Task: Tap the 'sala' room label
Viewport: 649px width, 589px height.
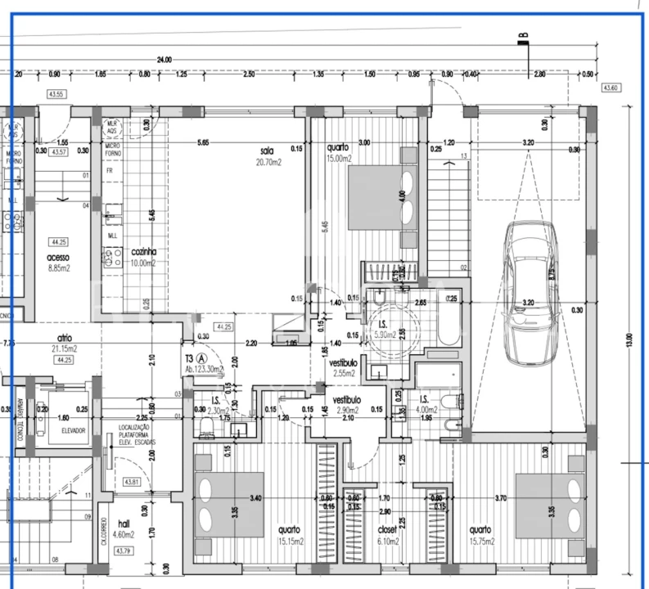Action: pyautogui.click(x=267, y=151)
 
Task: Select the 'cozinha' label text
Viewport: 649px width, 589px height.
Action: pyautogui.click(x=143, y=253)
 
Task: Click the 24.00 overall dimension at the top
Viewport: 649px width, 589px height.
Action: pyautogui.click(x=165, y=60)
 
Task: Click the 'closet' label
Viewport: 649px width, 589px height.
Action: pyautogui.click(x=386, y=529)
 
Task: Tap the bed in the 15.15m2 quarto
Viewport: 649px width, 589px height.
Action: pyautogui.click(x=228, y=501)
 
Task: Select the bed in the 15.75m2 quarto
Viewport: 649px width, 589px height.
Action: pyautogui.click(x=550, y=506)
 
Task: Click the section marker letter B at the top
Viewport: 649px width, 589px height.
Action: pyautogui.click(x=522, y=35)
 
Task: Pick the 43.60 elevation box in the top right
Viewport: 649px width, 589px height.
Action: pyautogui.click(x=611, y=88)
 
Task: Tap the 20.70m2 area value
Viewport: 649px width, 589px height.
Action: pyautogui.click(x=267, y=162)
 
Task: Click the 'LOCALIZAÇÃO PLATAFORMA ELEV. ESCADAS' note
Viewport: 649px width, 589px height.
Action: pyautogui.click(x=137, y=434)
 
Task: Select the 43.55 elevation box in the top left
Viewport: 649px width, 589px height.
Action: pyautogui.click(x=56, y=95)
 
